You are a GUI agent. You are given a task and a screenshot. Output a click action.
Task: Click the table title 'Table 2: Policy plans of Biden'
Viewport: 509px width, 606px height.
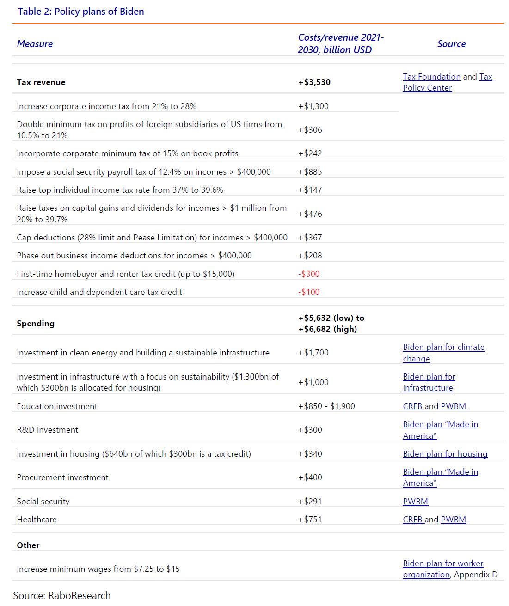pyautogui.click(x=81, y=12)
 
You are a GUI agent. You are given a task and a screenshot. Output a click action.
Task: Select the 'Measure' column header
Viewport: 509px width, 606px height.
pyautogui.click(x=35, y=44)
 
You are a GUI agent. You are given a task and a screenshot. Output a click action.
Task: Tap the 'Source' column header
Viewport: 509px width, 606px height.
pyautogui.click(x=451, y=44)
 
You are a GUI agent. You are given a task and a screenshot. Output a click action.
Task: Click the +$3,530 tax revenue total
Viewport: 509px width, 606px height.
pyautogui.click(x=314, y=82)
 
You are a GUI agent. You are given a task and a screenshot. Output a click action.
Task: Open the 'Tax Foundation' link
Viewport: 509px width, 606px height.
pyautogui.click(x=431, y=77)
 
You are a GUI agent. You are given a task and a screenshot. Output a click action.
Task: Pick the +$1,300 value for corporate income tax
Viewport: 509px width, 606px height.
pyautogui.click(x=313, y=106)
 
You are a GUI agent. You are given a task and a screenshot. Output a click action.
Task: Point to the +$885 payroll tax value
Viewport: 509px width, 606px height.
pyautogui.click(x=310, y=172)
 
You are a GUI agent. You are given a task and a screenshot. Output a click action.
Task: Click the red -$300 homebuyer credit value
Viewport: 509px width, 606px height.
pyautogui.click(x=309, y=274)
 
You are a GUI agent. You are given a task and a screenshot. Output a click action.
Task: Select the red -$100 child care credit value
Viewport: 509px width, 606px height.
pyautogui.click(x=309, y=292)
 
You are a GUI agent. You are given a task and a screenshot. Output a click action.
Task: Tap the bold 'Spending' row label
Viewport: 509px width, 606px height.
pyautogui.click(x=36, y=324)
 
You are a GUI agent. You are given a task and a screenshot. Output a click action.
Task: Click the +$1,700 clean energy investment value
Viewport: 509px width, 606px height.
pyautogui.click(x=313, y=353)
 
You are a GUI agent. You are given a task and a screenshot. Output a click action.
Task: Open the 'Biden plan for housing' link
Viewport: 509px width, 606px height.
pyautogui.click(x=445, y=454)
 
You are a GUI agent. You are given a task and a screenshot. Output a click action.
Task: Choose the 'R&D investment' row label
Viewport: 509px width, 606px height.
pyautogui.click(x=47, y=430)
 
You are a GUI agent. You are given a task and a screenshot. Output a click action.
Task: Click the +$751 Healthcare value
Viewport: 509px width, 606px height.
pyautogui.click(x=310, y=520)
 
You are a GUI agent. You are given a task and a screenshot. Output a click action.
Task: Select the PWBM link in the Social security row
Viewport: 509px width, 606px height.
pyautogui.click(x=415, y=502)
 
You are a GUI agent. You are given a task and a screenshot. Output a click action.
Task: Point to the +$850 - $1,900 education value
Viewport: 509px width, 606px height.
pyautogui.click(x=327, y=406)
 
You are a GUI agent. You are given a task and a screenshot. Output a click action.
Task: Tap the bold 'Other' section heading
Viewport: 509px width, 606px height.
pyautogui.click(x=28, y=545)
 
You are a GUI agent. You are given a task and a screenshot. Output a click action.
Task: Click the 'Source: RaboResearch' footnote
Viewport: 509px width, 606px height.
pyautogui.click(x=62, y=595)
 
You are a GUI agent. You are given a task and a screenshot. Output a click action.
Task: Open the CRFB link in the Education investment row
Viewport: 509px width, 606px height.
pyautogui.click(x=412, y=406)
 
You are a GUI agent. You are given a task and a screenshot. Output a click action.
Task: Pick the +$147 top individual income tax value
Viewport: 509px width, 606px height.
pyautogui.click(x=310, y=190)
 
